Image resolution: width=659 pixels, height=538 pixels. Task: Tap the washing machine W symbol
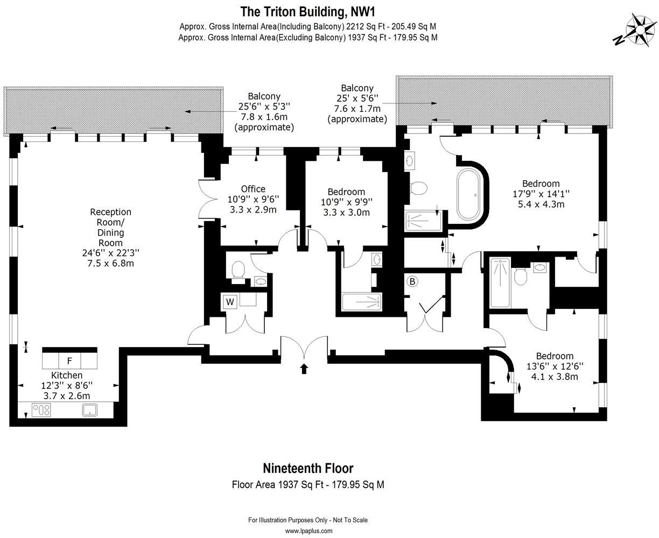[230, 302]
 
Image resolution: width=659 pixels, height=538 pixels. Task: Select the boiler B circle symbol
[412, 281]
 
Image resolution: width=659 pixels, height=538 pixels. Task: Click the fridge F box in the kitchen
[69, 360]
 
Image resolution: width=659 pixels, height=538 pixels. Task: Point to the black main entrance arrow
[304, 369]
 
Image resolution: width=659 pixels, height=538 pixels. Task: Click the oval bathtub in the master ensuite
[468, 195]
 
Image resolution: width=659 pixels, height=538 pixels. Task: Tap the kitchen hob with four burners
[41, 410]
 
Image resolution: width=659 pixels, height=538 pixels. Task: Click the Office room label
[253, 189]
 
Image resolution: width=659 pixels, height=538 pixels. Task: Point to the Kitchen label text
[67, 375]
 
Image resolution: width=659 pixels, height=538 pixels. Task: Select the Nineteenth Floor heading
[308, 468]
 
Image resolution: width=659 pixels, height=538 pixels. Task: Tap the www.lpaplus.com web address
[308, 530]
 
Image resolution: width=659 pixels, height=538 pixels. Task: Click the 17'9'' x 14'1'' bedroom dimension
[541, 194]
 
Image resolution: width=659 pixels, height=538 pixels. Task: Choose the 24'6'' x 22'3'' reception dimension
[110, 253]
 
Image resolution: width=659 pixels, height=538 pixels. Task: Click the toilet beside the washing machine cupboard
[237, 271]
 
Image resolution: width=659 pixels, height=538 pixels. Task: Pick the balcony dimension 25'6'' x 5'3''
[263, 107]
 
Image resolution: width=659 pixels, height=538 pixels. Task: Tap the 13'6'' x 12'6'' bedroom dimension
[555, 366]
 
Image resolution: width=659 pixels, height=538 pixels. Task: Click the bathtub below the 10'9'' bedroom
[362, 302]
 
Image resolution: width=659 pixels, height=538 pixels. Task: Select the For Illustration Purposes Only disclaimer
[308, 520]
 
